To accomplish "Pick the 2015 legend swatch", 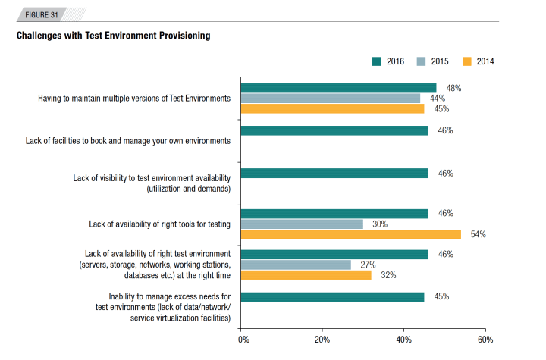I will (x=422, y=61).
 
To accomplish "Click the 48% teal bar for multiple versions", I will (x=338, y=88).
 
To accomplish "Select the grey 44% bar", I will (x=330, y=99).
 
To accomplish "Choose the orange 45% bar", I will (x=332, y=108).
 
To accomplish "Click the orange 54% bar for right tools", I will (x=350, y=234).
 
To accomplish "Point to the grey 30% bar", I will (x=302, y=224).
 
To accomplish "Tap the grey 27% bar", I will (x=296, y=265).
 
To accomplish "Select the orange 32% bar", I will (x=306, y=275).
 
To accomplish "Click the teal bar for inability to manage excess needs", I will (x=332, y=297).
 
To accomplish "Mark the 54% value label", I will (x=478, y=235).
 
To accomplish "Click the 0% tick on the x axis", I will (x=243, y=339).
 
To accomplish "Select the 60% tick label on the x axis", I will (x=486, y=339).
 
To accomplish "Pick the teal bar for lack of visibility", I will (x=334, y=173).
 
